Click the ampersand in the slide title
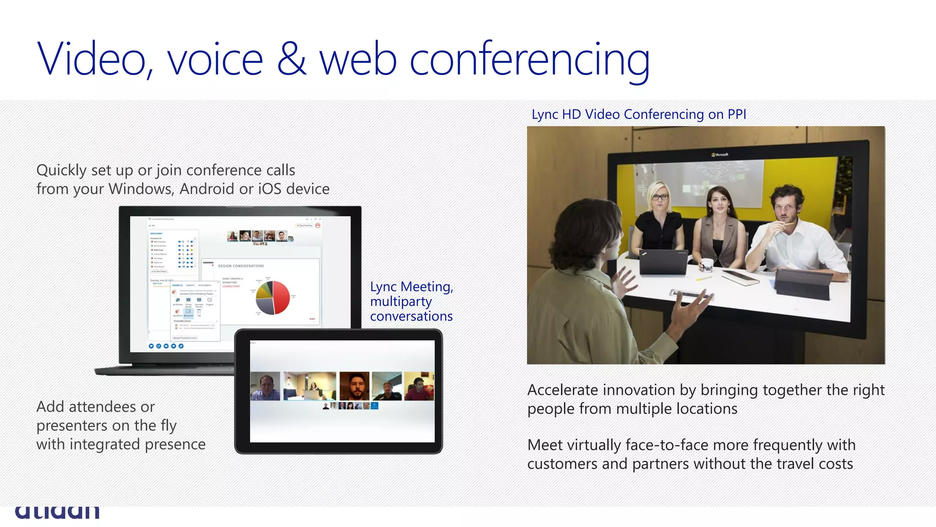click(291, 59)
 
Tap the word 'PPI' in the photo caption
click(737, 114)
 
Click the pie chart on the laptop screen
click(273, 297)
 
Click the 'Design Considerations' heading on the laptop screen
click(241, 266)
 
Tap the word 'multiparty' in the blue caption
click(401, 301)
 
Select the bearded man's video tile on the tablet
click(354, 386)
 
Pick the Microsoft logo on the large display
click(720, 155)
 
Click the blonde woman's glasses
click(659, 198)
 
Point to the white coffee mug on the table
click(707, 265)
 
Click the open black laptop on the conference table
click(663, 262)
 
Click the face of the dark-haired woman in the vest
click(718, 202)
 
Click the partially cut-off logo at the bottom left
click(57, 512)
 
